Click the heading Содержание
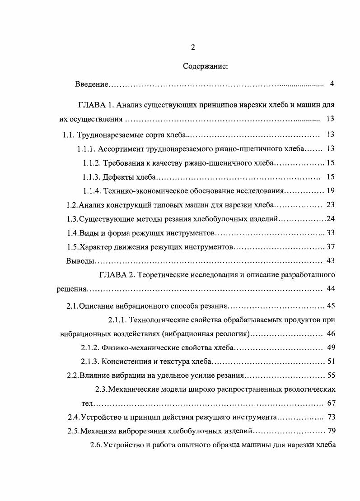(x=206, y=66)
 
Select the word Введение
(x=92, y=84)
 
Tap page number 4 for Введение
(x=332, y=84)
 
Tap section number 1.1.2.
(x=92, y=162)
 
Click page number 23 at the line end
(x=330, y=205)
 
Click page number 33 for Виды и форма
(x=330, y=233)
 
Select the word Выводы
(x=80, y=261)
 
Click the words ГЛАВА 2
(x=116, y=274)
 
